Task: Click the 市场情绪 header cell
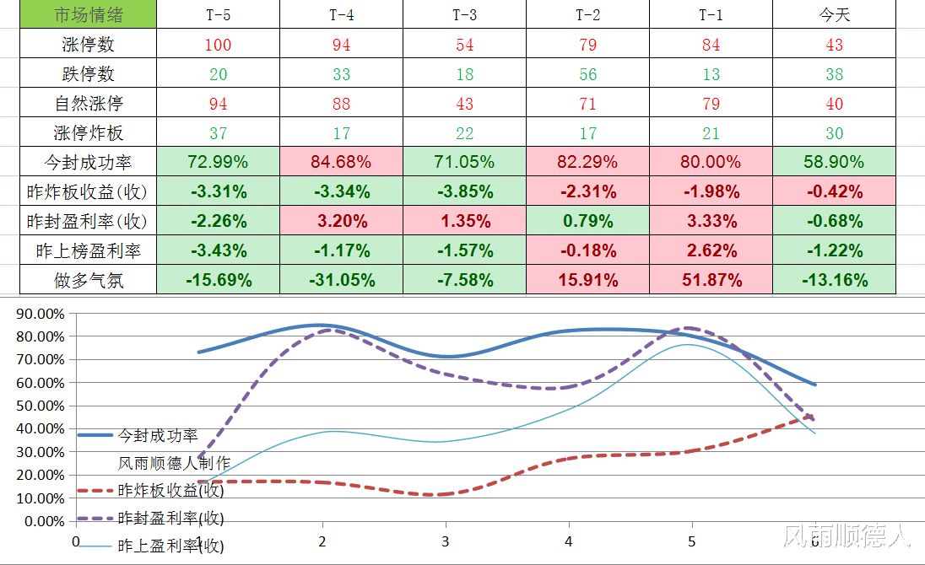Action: click(89, 15)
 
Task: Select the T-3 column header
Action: click(464, 15)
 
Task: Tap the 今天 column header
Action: click(834, 15)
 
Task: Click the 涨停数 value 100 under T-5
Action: click(218, 45)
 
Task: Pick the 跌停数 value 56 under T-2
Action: click(588, 74)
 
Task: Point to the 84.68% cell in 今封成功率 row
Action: click(341, 162)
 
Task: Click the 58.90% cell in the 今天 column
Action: click(834, 162)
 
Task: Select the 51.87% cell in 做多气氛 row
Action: click(711, 280)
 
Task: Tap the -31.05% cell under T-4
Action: click(341, 280)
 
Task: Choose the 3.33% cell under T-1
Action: click(711, 221)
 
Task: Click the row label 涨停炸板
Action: click(89, 133)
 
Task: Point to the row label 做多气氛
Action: click(89, 280)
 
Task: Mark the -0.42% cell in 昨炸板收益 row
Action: click(834, 191)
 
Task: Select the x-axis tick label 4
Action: click(569, 541)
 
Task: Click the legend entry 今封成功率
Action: click(158, 435)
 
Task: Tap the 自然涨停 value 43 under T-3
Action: click(464, 104)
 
